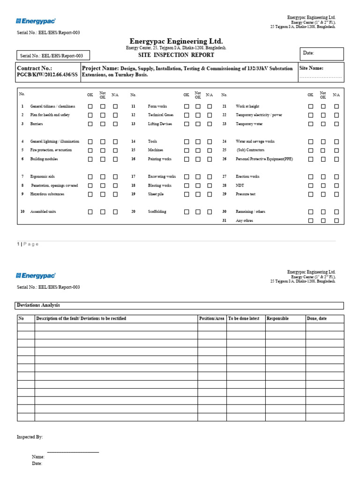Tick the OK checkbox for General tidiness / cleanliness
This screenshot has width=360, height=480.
90,106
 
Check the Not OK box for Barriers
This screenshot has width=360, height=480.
103,124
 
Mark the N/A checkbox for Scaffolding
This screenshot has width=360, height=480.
210,212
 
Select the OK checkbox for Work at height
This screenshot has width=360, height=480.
310,106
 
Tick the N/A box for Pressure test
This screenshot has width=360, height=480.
336,194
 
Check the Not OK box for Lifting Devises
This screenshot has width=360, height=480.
198,124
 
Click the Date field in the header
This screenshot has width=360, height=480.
323,53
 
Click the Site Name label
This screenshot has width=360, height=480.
311,68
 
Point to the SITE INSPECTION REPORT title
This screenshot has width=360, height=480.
176,55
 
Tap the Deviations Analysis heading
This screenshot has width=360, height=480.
38,305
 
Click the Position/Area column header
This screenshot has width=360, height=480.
211,319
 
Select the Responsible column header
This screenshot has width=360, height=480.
277,319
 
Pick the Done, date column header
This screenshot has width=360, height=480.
317,319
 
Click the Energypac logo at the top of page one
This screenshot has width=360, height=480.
36,21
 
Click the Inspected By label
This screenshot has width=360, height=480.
30,437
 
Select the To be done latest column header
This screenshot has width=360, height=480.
244,319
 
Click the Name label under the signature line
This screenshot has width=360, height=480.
38,457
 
